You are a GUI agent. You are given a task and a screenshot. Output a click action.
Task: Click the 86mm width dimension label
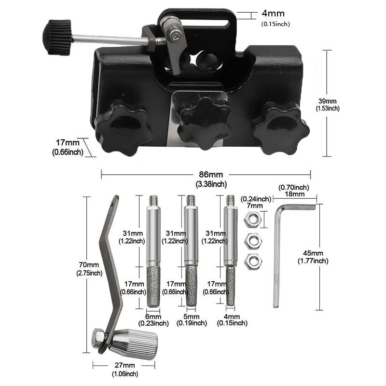pyautogui.click(x=211, y=175)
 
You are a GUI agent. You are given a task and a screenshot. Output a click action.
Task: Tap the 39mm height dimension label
pyautogui.click(x=328, y=101)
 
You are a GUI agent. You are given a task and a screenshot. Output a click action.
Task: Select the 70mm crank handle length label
pyautogui.click(x=89, y=265)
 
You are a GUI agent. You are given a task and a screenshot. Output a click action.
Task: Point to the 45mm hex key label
pyautogui.click(x=313, y=253)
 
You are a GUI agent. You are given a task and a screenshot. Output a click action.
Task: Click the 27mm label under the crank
pyautogui.click(x=125, y=365)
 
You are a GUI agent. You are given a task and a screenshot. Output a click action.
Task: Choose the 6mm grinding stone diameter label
pyautogui.click(x=153, y=317)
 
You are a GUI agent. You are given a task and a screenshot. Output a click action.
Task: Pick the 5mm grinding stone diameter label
pyautogui.click(x=192, y=317)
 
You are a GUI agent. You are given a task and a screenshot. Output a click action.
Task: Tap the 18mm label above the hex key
pyautogui.click(x=295, y=194)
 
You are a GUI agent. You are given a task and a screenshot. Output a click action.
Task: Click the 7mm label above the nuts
pyautogui.click(x=255, y=206)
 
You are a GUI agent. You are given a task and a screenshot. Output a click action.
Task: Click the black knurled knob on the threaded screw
pyautogui.click(x=57, y=38)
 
